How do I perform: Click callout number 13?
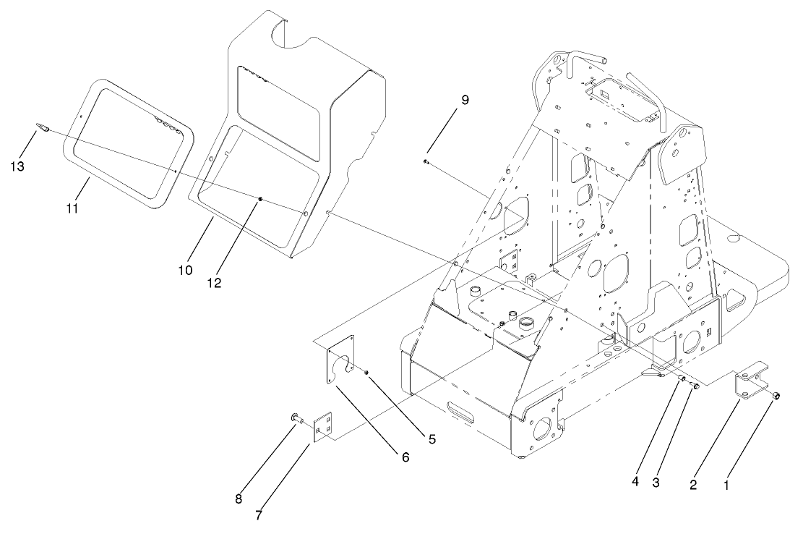tap(17, 166)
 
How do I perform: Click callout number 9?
tap(465, 100)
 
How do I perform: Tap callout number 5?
tap(431, 438)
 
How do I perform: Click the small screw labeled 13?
tap(42, 129)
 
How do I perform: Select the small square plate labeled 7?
tap(324, 426)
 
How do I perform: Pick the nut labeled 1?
tap(775, 396)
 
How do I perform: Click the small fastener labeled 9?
tap(427, 161)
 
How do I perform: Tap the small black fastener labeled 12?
tap(260, 200)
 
